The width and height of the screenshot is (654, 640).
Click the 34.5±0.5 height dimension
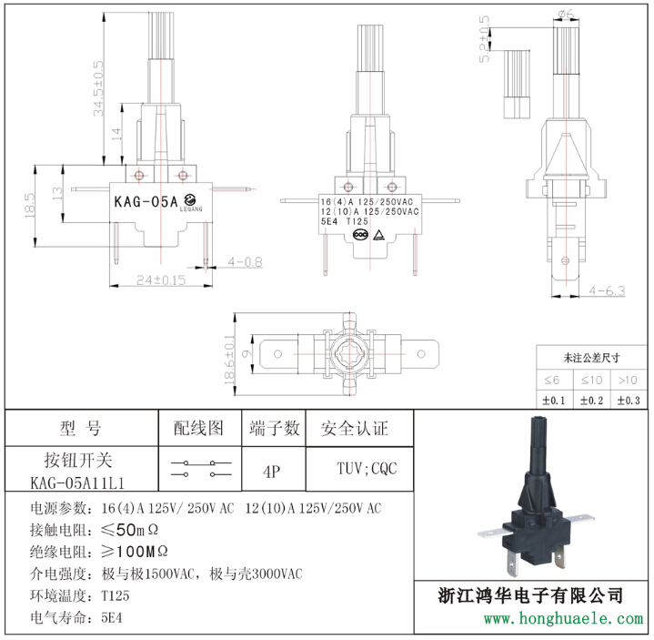coord(98,88)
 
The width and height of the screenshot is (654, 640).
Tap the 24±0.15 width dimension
coord(161,279)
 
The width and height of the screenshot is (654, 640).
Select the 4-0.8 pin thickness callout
coord(246,262)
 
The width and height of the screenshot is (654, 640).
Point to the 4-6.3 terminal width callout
coord(607,290)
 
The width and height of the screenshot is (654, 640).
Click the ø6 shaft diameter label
coord(566,14)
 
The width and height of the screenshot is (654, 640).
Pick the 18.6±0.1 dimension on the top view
coord(229,360)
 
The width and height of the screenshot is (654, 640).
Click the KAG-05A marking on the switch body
coord(146,201)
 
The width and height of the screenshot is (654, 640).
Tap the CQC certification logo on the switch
coord(360,235)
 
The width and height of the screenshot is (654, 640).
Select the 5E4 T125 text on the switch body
coord(345,221)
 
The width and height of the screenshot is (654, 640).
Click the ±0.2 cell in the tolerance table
coord(591,401)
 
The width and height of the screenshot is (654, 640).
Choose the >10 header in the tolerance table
coord(628,380)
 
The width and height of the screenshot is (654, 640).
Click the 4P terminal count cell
coord(272,472)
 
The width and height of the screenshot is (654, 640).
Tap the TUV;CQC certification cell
coord(367,469)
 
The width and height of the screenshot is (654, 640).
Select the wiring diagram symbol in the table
coord(201,469)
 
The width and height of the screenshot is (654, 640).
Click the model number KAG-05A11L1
coord(77,483)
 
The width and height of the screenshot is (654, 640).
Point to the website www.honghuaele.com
coord(563,618)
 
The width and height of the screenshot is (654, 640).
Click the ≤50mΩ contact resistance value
coord(130,530)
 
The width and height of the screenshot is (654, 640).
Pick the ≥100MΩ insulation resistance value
coord(135,552)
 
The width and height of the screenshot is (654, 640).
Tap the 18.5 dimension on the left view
coord(29,205)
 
